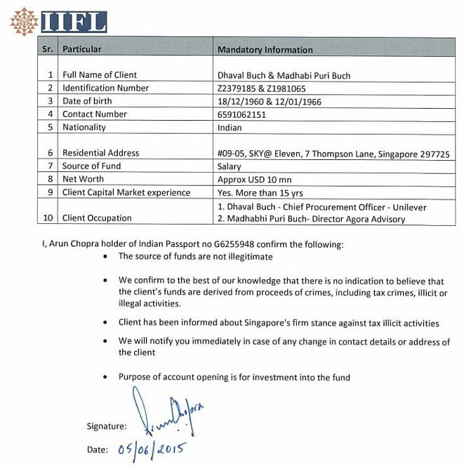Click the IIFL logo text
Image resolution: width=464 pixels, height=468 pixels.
74,22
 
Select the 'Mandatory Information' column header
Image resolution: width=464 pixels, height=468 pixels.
265,50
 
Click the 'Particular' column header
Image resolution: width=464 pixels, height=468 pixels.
82,50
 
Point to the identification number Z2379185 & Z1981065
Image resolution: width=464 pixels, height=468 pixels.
262,88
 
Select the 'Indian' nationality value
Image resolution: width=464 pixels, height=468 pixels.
230,128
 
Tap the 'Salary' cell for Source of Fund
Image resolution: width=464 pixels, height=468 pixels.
230,166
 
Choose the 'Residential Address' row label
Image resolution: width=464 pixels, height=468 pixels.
100,153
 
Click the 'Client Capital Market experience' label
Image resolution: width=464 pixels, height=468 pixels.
126,192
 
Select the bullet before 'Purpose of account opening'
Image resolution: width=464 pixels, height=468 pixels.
104,377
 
